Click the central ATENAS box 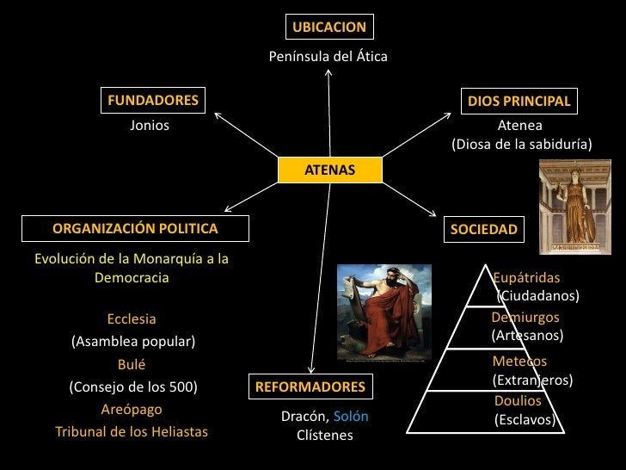(329, 170)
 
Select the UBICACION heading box (329, 27)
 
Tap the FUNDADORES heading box (153, 100)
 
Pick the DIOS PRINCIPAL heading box (519, 102)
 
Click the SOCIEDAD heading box (484, 229)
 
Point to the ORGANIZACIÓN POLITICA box (135, 228)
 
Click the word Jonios (150, 126)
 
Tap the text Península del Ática (328, 57)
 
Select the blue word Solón (351, 417)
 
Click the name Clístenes (325, 436)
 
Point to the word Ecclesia (132, 319)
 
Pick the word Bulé (132, 364)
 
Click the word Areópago (132, 409)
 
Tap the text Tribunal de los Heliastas (132, 431)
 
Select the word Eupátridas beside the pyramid (526, 278)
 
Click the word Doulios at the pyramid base (518, 401)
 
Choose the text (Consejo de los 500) (133, 387)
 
